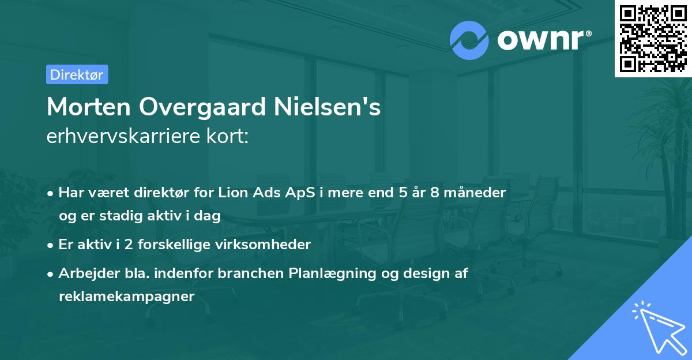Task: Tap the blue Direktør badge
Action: pos(77,74)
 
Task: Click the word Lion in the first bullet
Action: pos(234,193)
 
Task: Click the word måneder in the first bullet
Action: pos(480,193)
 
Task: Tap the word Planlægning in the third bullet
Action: pos(326,273)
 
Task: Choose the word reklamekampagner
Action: pos(127,297)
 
